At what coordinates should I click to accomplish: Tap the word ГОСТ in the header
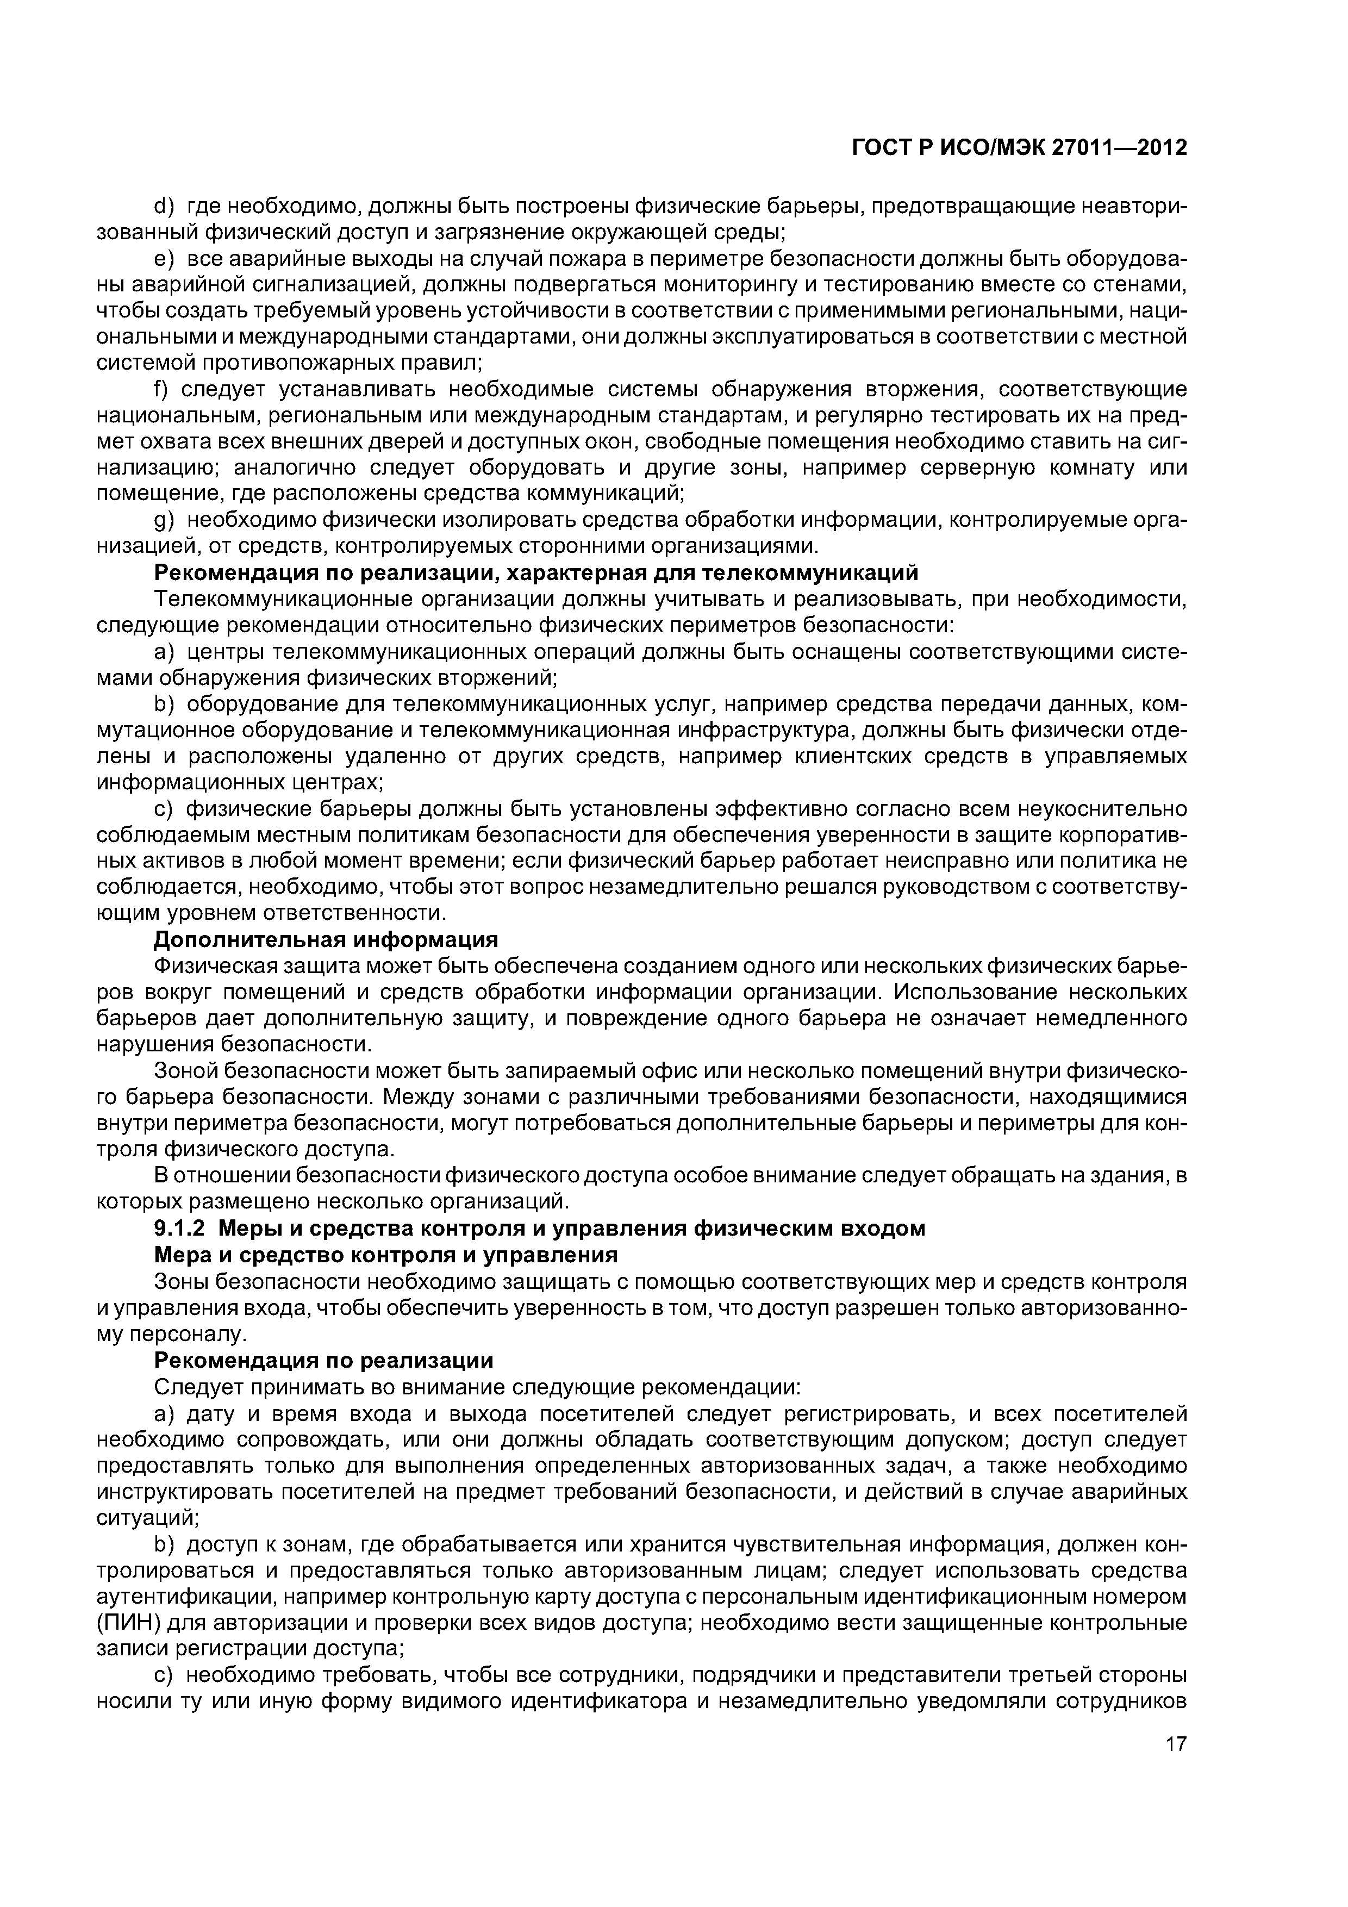[x=881, y=148]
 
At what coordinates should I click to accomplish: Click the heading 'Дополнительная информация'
[x=327, y=939]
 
